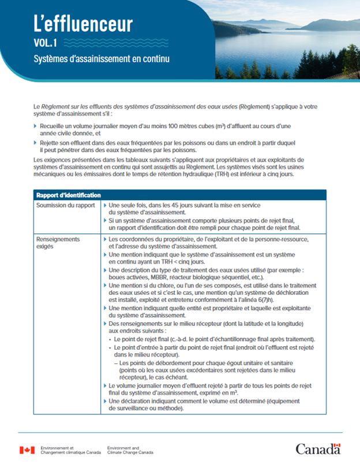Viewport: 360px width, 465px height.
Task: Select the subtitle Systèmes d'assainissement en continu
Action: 101,59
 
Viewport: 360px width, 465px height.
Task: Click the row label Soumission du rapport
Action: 65,205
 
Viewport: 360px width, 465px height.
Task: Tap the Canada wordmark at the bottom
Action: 318,449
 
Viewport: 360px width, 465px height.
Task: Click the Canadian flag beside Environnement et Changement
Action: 27,450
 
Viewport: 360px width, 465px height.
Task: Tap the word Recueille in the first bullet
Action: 55,125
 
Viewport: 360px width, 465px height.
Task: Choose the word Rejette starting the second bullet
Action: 51,142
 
